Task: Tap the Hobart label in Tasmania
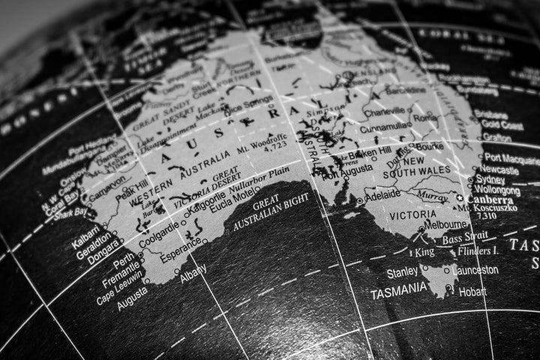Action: point(473,292)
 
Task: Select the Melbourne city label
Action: point(445,223)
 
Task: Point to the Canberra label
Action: point(490,201)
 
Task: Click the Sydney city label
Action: point(490,180)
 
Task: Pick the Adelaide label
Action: point(382,193)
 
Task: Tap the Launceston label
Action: point(475,270)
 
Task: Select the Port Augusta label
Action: point(346,169)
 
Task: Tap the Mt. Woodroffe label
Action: point(261,139)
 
